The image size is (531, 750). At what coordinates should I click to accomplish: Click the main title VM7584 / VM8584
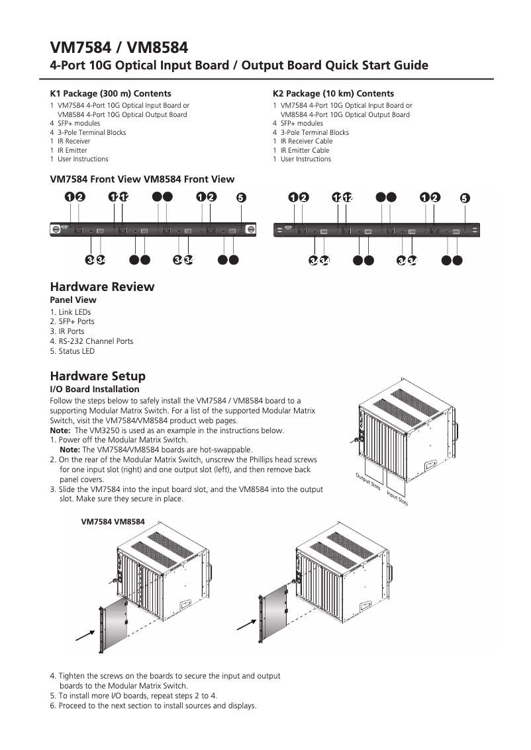119,47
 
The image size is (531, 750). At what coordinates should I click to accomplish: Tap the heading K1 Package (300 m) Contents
111,94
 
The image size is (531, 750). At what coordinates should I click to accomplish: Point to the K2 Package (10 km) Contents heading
333,94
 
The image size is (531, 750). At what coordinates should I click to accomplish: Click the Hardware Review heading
102,287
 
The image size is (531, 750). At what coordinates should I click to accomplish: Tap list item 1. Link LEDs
70,312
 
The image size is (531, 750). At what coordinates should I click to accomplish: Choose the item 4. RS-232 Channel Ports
91,341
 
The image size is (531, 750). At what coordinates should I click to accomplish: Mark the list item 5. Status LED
72,351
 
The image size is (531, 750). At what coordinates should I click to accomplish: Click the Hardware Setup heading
98,376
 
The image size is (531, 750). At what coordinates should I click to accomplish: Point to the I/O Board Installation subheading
95,390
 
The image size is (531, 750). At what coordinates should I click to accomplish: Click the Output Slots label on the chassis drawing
368,481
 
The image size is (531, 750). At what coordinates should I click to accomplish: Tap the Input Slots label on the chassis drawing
397,498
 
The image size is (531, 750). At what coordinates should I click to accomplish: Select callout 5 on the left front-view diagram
241,197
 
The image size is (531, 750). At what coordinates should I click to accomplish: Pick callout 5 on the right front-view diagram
465,198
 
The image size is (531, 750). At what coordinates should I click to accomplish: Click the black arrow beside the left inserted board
84,635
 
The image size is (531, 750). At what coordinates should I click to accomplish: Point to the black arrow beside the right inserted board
247,624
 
